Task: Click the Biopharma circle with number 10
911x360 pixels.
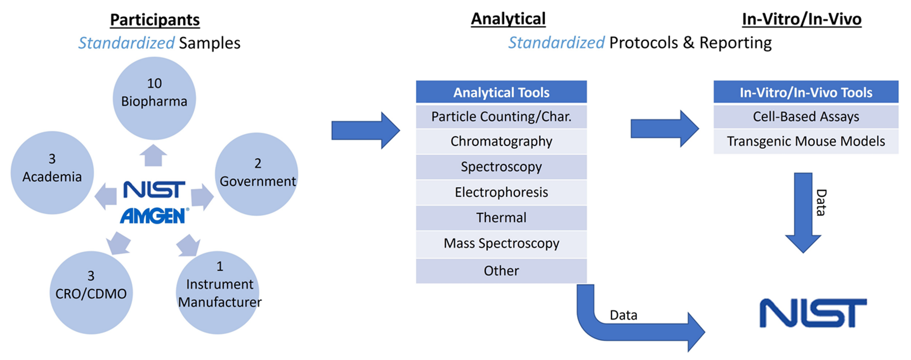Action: pyautogui.click(x=154, y=98)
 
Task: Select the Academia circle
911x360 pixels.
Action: pyautogui.click(x=52, y=172)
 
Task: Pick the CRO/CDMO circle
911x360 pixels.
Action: pyautogui.click(x=91, y=292)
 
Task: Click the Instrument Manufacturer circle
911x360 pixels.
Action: pyautogui.click(x=218, y=292)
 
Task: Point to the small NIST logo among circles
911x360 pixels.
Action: pyautogui.click(x=154, y=190)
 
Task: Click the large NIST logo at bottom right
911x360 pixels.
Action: pyautogui.click(x=813, y=313)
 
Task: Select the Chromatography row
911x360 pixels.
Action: pyautogui.click(x=501, y=142)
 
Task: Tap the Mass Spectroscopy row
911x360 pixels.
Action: pyautogui.click(x=501, y=244)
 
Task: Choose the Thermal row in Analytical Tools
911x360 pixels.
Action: pyautogui.click(x=501, y=218)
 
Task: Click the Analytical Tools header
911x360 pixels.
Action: pyautogui.click(x=501, y=92)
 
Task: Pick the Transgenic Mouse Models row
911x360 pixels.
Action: pyautogui.click(x=806, y=142)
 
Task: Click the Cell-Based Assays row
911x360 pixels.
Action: pyautogui.click(x=806, y=117)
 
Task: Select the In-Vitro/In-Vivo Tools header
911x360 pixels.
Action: pyautogui.click(x=806, y=92)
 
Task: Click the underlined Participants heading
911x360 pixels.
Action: pyautogui.click(x=155, y=20)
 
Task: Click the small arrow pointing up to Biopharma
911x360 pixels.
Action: pyautogui.click(x=153, y=155)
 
